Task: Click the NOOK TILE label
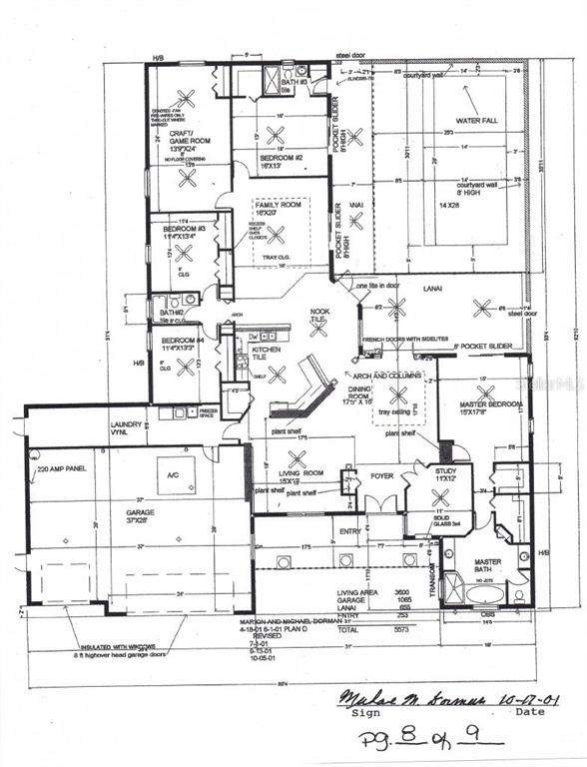[319, 316]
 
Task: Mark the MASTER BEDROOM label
[478, 406]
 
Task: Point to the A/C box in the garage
[176, 475]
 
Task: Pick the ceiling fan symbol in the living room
[296, 458]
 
